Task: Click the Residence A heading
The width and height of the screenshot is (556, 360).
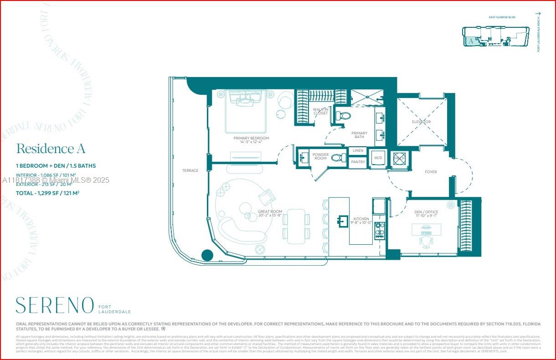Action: [51, 149]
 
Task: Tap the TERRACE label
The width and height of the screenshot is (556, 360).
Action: [190, 170]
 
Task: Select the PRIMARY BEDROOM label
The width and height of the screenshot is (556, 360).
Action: [251, 138]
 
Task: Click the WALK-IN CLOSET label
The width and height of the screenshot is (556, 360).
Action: [320, 111]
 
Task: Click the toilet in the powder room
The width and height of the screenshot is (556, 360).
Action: [337, 158]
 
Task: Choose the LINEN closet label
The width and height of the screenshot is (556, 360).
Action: [358, 151]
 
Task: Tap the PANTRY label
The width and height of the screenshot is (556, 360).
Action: [358, 162]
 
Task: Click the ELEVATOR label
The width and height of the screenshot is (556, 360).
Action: [421, 122]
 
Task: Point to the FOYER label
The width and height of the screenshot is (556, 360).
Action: [430, 172]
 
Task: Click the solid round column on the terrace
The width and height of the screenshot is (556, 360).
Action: [207, 255]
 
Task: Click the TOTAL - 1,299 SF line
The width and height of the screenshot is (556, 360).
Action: [48, 193]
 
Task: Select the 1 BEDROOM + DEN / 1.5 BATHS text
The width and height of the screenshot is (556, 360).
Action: [56, 166]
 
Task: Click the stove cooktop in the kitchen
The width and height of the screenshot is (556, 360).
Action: [379, 231]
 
